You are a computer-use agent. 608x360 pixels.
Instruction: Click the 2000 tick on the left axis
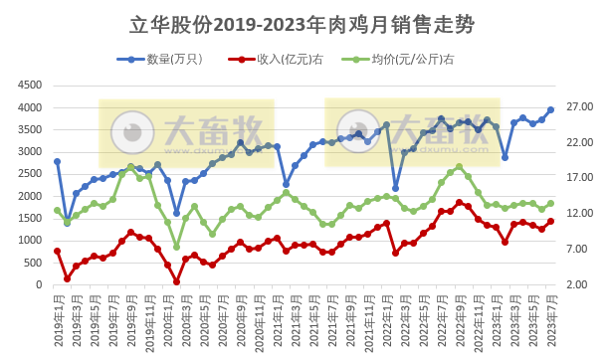coord(29,196)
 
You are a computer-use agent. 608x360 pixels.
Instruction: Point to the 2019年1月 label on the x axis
coord(59,316)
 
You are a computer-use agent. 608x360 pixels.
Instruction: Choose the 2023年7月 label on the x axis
coord(550,316)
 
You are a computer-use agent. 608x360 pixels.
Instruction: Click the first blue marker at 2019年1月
coord(58,161)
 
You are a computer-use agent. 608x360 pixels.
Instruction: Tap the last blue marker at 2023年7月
coord(550,110)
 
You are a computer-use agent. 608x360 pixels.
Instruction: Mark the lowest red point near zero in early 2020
coord(176,281)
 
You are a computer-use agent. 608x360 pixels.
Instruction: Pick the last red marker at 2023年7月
coord(550,222)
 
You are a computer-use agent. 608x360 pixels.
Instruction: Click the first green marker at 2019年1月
coord(58,210)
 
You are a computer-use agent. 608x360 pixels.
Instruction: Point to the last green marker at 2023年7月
coord(550,203)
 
